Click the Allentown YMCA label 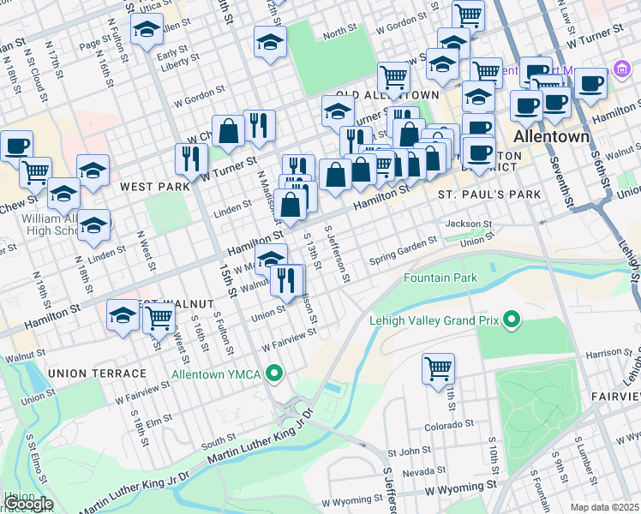coord(219,374)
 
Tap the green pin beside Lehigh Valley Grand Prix coord(512,321)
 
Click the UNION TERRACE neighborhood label coord(98,374)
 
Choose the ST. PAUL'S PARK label coord(489,194)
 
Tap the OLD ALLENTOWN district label coord(388,95)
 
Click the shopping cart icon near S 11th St coord(438,368)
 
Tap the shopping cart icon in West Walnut coord(159,317)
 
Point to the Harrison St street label coord(610,352)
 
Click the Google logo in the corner coord(28,504)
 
